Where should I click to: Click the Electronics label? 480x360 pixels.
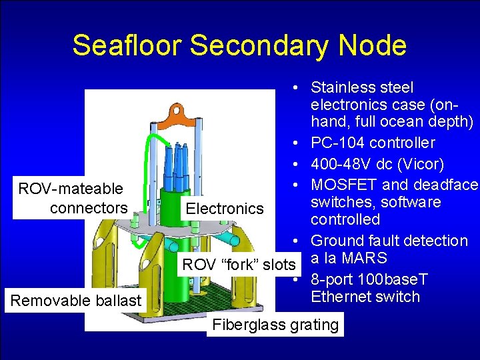point(225,209)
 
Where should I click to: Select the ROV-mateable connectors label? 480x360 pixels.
point(71,199)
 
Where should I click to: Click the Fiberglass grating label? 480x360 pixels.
point(275,325)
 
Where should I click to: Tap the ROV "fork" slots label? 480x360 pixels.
point(239,265)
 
